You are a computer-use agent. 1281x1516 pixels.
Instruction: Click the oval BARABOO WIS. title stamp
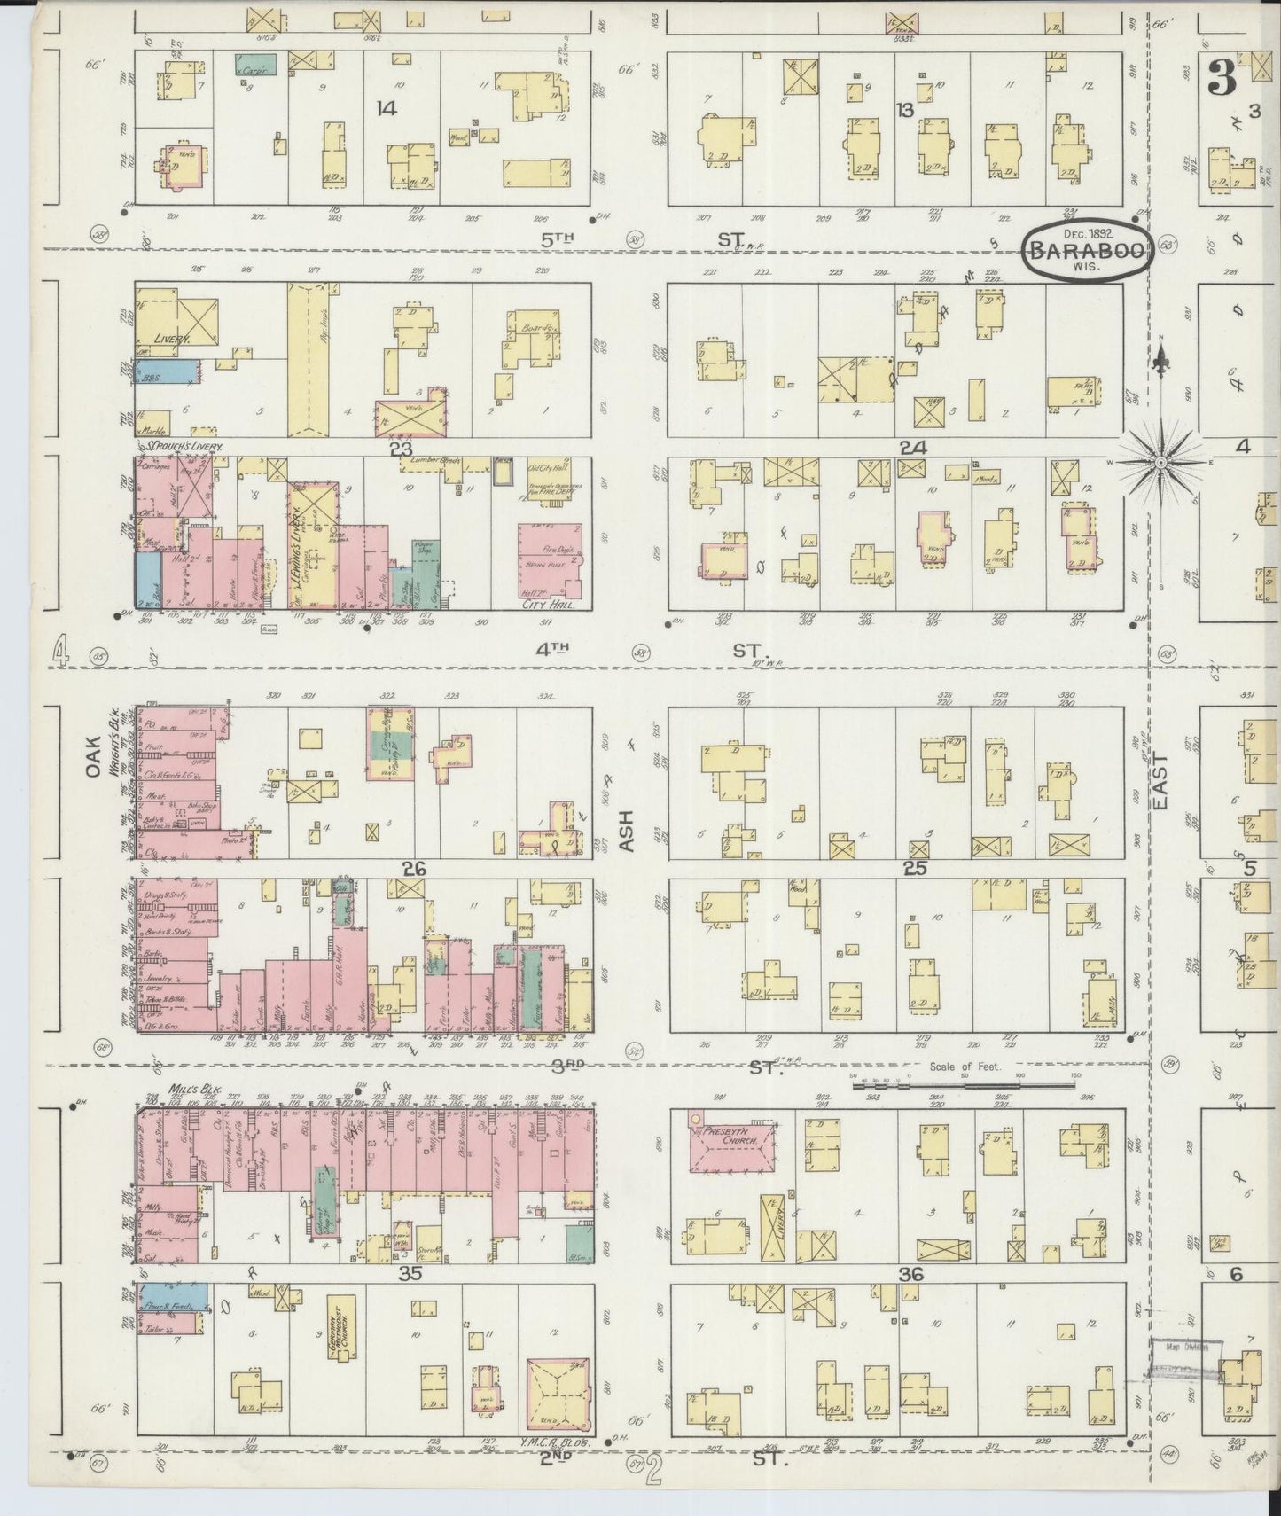[x=1089, y=250]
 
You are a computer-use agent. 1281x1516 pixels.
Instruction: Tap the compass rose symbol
[x=1160, y=463]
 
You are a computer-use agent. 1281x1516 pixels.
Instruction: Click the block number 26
[x=414, y=870]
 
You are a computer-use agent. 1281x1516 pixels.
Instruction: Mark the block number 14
[x=385, y=109]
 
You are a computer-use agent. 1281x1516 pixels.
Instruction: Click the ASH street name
[x=629, y=833]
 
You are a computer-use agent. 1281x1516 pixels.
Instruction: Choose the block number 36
[x=912, y=1275]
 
